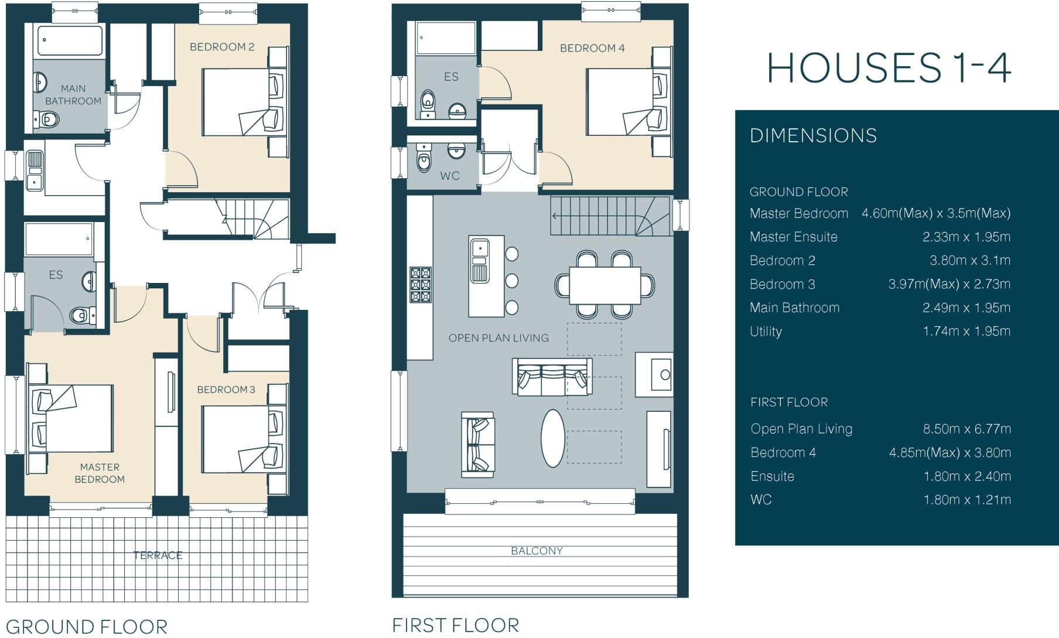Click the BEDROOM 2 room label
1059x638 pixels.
point(222,47)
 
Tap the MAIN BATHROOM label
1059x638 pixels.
point(73,95)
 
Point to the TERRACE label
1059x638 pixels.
point(158,555)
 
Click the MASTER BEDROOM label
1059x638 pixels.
point(100,473)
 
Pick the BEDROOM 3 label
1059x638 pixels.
point(226,390)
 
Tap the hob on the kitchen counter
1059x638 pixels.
point(421,285)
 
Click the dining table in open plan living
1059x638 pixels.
point(604,285)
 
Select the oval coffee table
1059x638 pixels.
point(553,438)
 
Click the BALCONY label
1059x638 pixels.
point(537,551)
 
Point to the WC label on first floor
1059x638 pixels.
point(450,176)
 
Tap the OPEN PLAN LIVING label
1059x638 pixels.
point(498,338)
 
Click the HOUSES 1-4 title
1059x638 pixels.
point(889,68)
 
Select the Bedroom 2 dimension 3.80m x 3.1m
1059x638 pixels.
point(969,260)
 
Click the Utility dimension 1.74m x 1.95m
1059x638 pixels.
point(966,331)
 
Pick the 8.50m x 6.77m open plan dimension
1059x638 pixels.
point(966,429)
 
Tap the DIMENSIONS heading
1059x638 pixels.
point(813,136)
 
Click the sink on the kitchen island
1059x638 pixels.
point(480,248)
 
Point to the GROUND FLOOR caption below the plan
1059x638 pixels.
point(87,626)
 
